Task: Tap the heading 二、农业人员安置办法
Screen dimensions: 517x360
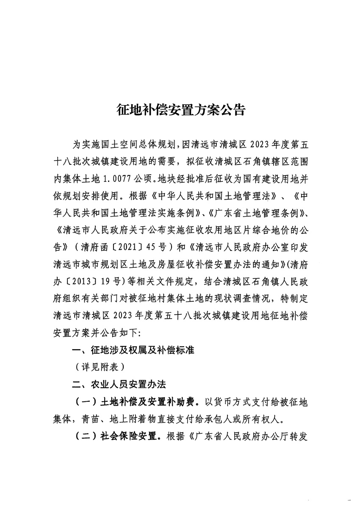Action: [119, 384]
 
